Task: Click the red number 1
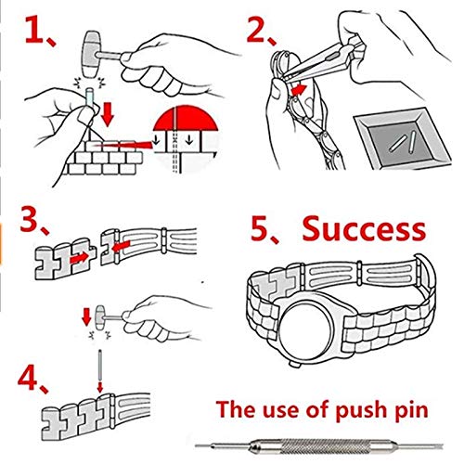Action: [x=34, y=30]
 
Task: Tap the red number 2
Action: [x=256, y=29]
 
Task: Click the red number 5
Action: [x=260, y=228]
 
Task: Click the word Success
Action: [x=364, y=228]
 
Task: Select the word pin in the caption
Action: [x=411, y=410]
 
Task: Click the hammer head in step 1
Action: [x=92, y=54]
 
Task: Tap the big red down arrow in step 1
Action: [x=107, y=114]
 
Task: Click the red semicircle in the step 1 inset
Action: [x=186, y=118]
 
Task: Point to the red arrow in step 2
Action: [x=299, y=89]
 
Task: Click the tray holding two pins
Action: [x=402, y=138]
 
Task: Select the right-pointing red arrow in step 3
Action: [x=79, y=257]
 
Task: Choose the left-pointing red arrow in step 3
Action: [x=121, y=247]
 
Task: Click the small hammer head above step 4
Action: [x=99, y=317]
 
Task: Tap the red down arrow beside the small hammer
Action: [x=86, y=316]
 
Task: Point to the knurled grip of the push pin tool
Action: [x=319, y=445]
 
